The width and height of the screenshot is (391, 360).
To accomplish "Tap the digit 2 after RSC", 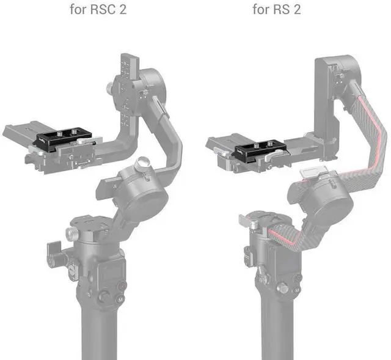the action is (122, 10).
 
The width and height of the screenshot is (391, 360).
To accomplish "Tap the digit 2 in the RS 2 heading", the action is (297, 10).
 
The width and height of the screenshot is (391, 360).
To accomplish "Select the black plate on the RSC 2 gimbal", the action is (64, 138).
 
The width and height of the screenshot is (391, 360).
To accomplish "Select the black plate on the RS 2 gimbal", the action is (259, 149).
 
